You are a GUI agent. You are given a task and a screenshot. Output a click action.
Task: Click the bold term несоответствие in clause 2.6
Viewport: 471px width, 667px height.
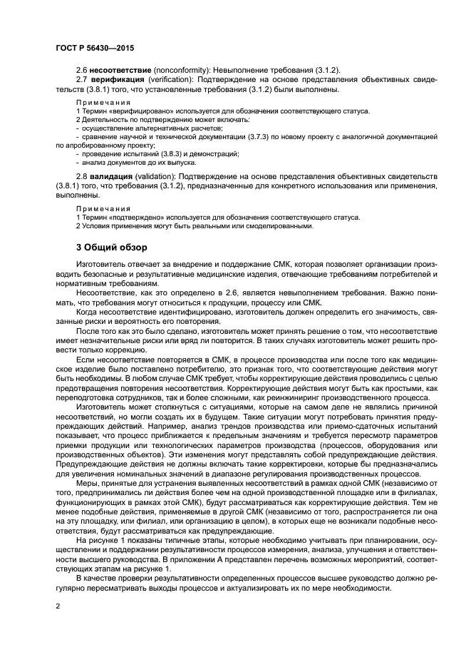[122, 70]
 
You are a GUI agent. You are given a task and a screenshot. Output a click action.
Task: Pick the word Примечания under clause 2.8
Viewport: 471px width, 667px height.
[103, 208]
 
